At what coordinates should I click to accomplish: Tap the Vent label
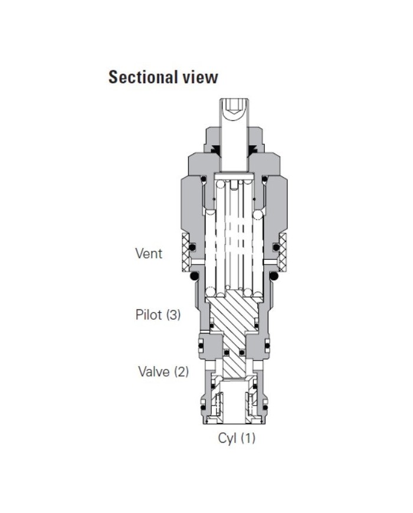[x=149, y=254]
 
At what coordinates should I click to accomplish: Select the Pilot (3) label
[x=158, y=314]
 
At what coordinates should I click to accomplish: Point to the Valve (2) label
[x=163, y=371]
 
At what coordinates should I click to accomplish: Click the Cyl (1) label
[x=237, y=439]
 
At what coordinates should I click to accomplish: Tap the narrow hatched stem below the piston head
[x=235, y=360]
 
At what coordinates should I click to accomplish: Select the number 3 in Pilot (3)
[x=173, y=314]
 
